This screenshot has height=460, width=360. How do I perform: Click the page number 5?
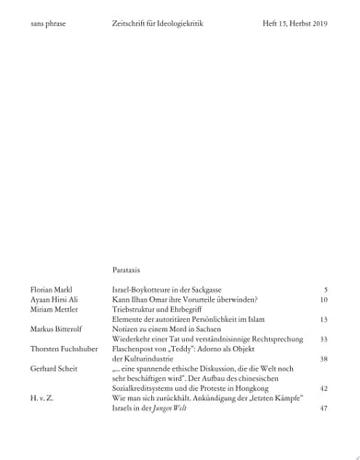tap(325, 290)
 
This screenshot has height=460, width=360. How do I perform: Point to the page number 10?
tap(323, 300)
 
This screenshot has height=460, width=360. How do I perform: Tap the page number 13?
tap(323, 319)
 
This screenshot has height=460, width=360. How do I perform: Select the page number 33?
tap(323, 339)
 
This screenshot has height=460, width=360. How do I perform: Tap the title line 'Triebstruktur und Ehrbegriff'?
tap(158, 310)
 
